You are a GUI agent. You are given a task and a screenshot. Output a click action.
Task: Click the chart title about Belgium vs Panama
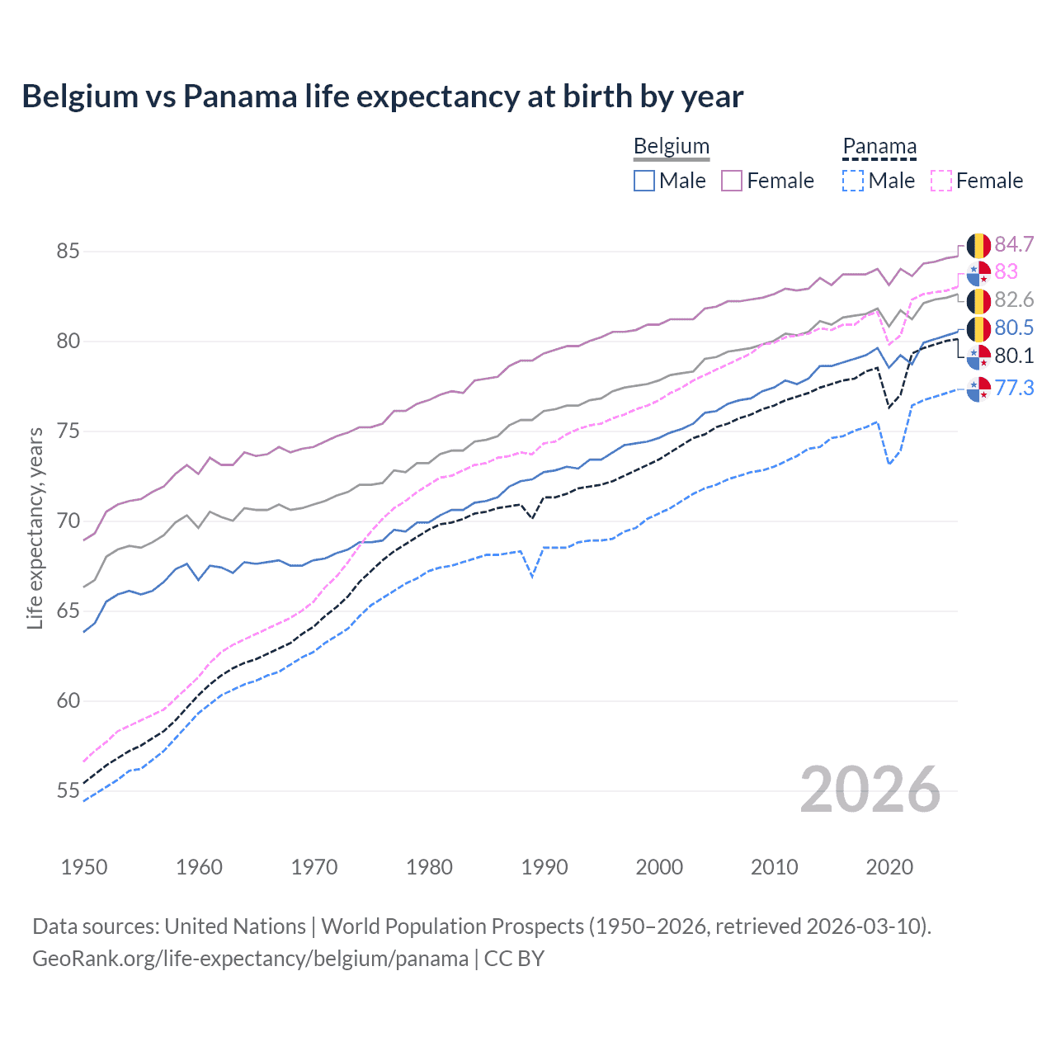point(382,97)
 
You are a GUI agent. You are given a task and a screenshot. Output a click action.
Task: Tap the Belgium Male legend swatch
point(644,181)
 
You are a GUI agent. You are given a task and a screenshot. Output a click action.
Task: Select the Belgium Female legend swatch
point(732,181)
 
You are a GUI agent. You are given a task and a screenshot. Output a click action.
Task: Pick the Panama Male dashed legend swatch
point(853,181)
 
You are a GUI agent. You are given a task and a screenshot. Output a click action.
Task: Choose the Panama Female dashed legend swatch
point(941,181)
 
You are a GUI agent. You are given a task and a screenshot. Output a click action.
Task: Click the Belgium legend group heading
point(671,146)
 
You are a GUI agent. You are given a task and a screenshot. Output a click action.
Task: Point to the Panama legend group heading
point(879,146)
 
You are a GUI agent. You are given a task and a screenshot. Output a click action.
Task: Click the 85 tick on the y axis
point(68,251)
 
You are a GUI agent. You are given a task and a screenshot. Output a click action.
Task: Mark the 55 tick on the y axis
point(68,790)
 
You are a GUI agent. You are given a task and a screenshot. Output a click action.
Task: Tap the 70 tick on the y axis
point(68,521)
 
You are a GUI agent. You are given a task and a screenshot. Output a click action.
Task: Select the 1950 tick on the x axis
point(84,867)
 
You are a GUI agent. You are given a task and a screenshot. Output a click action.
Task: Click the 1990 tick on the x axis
point(544,867)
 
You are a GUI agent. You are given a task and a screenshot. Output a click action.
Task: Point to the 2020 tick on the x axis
point(889,867)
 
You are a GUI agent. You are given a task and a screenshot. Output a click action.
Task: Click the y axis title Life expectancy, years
point(35,528)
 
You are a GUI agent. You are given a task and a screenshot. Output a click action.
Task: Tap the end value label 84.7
point(1014,244)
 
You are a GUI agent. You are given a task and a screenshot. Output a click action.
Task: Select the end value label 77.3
point(1014,388)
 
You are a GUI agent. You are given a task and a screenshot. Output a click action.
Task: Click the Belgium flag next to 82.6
point(978,301)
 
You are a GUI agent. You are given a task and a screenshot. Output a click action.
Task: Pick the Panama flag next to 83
point(978,273)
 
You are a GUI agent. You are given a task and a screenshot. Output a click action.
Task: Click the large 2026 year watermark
point(870,790)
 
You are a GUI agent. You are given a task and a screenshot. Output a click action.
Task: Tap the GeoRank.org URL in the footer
point(250,959)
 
